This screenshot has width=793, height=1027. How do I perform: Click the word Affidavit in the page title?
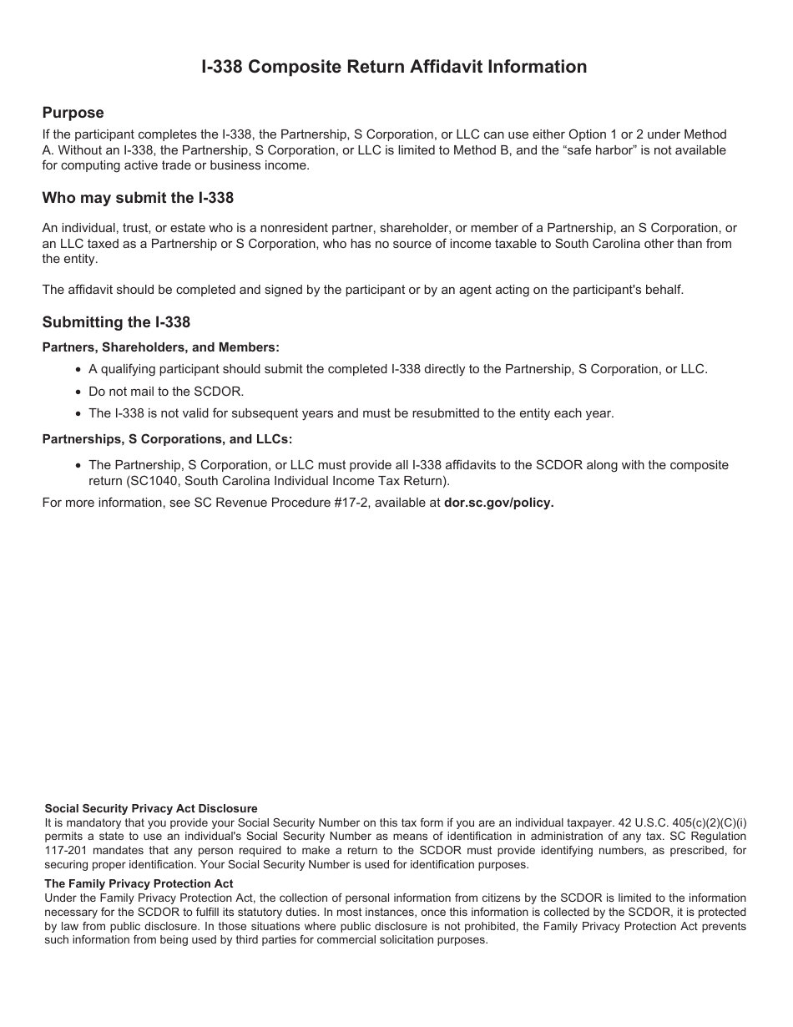point(449,67)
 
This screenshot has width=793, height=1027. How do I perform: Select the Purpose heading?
point(73,113)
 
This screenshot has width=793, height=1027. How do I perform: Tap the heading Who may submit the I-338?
point(138,198)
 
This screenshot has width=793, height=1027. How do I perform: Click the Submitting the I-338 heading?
point(116,322)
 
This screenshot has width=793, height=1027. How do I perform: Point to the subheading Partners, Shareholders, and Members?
point(161,347)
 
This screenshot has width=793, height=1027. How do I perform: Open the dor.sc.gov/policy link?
point(498,503)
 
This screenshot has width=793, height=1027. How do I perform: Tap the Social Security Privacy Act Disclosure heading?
point(150,808)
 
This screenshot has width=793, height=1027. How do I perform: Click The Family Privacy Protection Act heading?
point(139,883)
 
